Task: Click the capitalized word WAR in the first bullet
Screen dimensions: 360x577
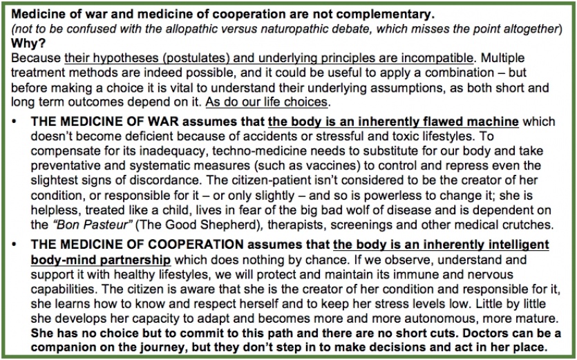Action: pos(158,120)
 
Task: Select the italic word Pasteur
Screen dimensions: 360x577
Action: pos(104,224)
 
